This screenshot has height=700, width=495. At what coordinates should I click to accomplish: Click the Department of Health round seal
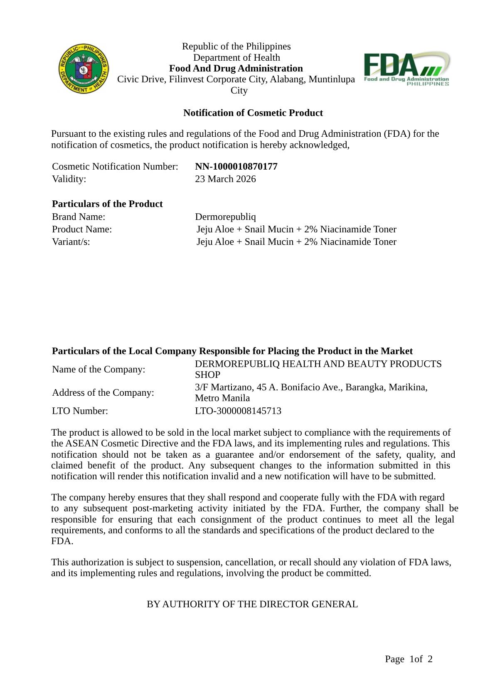click(84, 69)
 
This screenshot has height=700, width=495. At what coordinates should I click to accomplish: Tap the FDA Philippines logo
click(406, 69)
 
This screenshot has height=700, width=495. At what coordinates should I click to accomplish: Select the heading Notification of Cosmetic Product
click(253, 113)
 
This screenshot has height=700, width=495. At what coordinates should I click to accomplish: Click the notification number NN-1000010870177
click(236, 167)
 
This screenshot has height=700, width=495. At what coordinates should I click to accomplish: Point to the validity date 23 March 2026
click(225, 179)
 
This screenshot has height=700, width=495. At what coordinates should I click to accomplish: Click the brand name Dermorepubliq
click(225, 217)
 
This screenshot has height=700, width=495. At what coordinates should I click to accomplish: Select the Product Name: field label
click(82, 229)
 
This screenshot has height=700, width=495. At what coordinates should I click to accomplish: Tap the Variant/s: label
click(71, 242)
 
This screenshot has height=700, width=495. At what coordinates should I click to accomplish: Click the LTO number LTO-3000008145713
click(238, 411)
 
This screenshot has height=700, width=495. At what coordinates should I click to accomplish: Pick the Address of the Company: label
click(103, 393)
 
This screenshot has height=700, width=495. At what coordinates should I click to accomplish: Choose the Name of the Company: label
click(99, 370)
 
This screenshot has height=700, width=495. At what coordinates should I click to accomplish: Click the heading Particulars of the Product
click(107, 204)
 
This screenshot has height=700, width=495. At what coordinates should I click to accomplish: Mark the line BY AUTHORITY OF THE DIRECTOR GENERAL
click(252, 604)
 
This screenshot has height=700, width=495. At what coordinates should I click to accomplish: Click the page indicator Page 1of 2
click(409, 659)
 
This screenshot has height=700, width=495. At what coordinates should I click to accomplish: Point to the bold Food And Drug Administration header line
click(236, 69)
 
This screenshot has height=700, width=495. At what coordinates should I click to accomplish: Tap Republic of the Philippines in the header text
click(236, 47)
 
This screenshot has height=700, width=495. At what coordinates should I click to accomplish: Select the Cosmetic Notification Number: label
click(115, 167)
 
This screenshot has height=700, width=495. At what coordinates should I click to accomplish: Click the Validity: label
click(69, 179)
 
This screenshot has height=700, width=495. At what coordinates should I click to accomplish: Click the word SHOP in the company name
click(207, 375)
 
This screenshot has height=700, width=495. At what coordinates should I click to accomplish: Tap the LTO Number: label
click(80, 411)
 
